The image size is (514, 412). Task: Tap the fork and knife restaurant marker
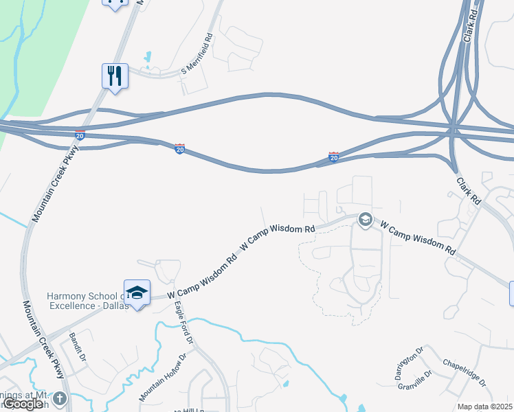[x=115, y=76]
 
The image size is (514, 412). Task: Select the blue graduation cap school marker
[x=137, y=293]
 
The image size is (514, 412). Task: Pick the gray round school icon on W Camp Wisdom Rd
[x=366, y=220]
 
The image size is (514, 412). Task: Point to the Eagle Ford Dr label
[x=184, y=323]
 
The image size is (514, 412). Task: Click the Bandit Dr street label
[x=77, y=347]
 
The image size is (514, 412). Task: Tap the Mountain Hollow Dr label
[x=163, y=378]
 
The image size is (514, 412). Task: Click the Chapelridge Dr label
[x=465, y=371]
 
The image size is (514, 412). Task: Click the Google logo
[x=23, y=404]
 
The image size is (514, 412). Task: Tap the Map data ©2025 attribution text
[x=485, y=407]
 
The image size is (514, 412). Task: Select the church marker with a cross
[x=59, y=399]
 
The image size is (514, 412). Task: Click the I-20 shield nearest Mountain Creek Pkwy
[x=80, y=135]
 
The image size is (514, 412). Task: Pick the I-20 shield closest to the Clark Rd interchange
[x=333, y=157]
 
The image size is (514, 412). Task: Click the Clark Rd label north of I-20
[x=471, y=25]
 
